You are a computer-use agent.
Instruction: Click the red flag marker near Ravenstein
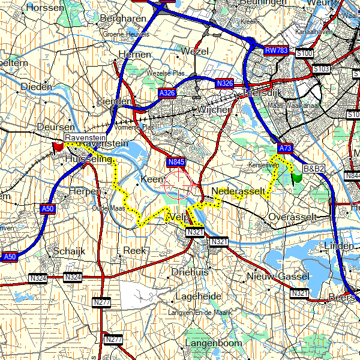(x=58, y=146)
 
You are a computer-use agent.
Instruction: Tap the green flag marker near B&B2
(x=295, y=177)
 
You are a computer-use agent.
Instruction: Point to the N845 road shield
(x=176, y=162)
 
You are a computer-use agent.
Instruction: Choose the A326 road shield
(x=167, y=94)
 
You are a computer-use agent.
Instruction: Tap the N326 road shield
(x=224, y=82)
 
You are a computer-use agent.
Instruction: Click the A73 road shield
(x=286, y=148)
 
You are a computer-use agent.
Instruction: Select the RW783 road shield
(x=277, y=52)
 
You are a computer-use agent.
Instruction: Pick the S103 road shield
(x=322, y=69)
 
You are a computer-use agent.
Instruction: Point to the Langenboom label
(x=213, y=343)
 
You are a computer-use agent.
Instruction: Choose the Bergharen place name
(x=124, y=19)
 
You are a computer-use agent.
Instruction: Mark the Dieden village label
(x=37, y=87)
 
